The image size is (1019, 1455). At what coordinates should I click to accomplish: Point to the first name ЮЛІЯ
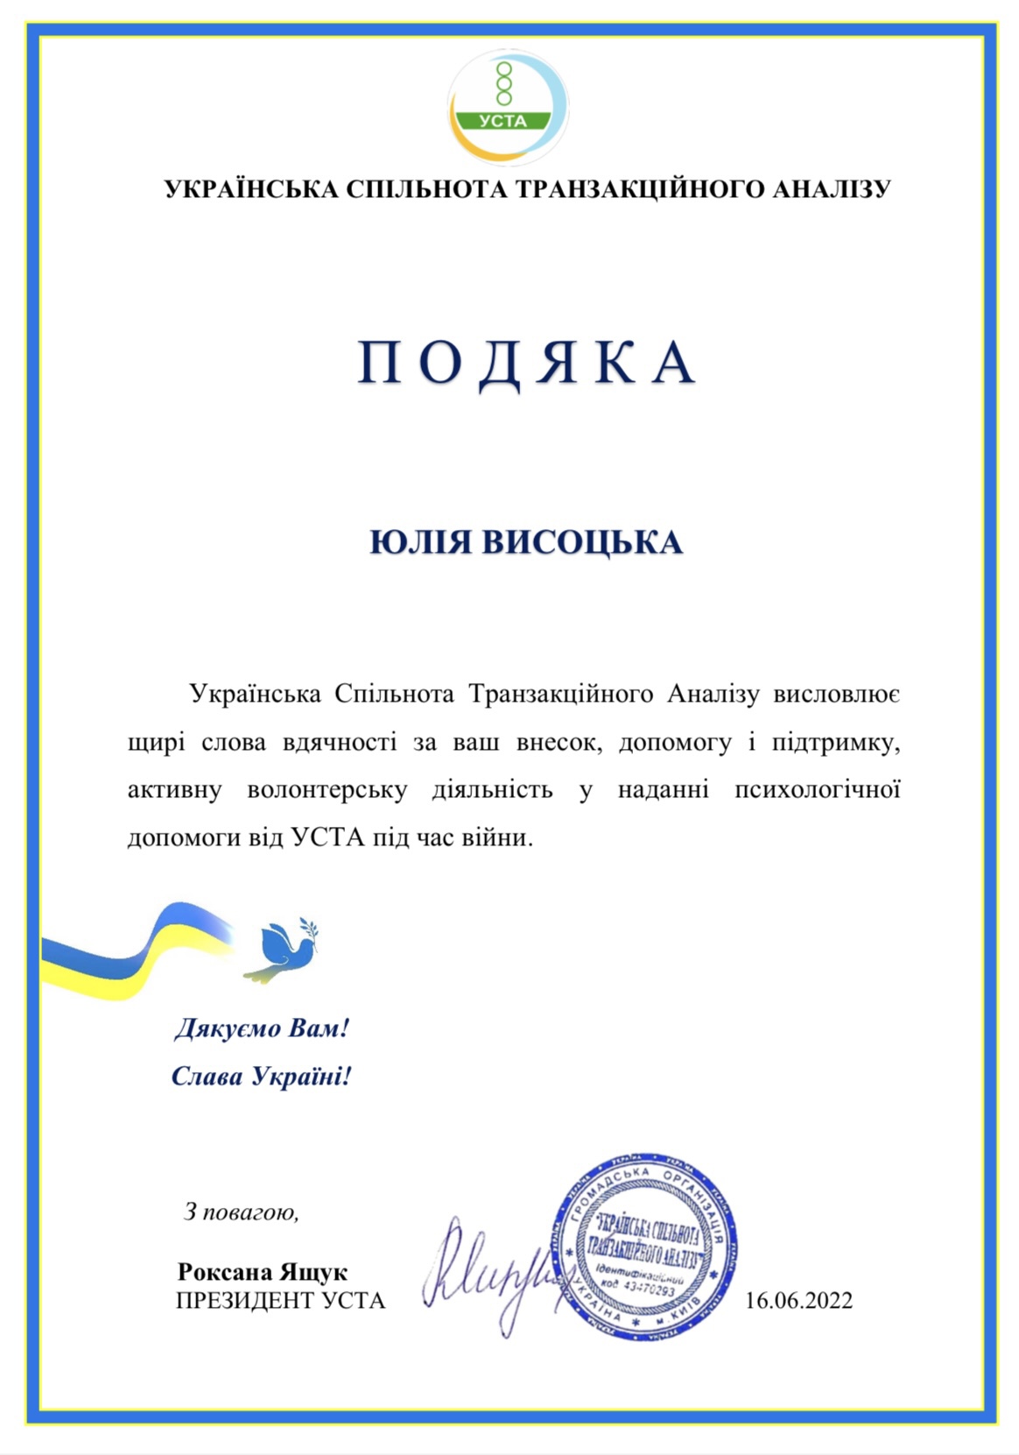[420, 542]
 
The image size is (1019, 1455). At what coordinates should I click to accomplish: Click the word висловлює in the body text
[836, 695]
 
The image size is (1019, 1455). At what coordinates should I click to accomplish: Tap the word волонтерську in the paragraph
[327, 790]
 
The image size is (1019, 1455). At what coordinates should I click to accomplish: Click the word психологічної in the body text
[817, 790]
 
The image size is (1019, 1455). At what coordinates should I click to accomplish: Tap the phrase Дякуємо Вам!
[262, 1028]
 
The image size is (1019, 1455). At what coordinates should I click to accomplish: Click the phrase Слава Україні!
[261, 1076]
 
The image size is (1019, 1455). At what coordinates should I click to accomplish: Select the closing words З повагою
[241, 1212]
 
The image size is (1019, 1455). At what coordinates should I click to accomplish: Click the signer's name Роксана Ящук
[262, 1272]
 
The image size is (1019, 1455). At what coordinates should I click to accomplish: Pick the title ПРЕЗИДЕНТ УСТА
[280, 1301]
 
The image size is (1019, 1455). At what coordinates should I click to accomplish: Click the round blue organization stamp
[644, 1247]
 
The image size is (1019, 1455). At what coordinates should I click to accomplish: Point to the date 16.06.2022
[798, 1301]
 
